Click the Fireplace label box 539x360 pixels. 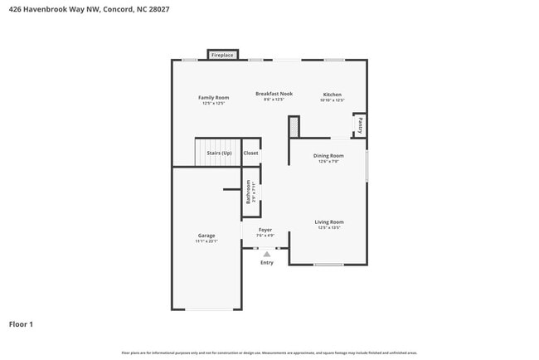coord(222,55)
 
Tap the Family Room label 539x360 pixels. coord(213,98)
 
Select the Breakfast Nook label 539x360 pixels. coord(274,95)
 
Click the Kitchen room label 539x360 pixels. coord(332,95)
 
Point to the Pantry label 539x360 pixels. coord(360,125)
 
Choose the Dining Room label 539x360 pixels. coord(328,155)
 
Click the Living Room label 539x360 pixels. coord(328,221)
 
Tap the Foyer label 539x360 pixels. coord(265,230)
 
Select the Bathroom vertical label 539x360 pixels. coord(248,192)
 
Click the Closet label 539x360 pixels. coord(250,153)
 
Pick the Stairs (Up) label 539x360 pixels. coord(219,153)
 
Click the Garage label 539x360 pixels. coord(206,236)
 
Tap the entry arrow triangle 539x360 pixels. coord(266,255)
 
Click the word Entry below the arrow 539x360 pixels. coord(266,263)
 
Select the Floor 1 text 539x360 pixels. coord(21,324)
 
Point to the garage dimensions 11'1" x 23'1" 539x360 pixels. coord(206,241)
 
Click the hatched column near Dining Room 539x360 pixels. coord(294,127)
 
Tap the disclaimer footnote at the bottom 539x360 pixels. coord(269,353)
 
